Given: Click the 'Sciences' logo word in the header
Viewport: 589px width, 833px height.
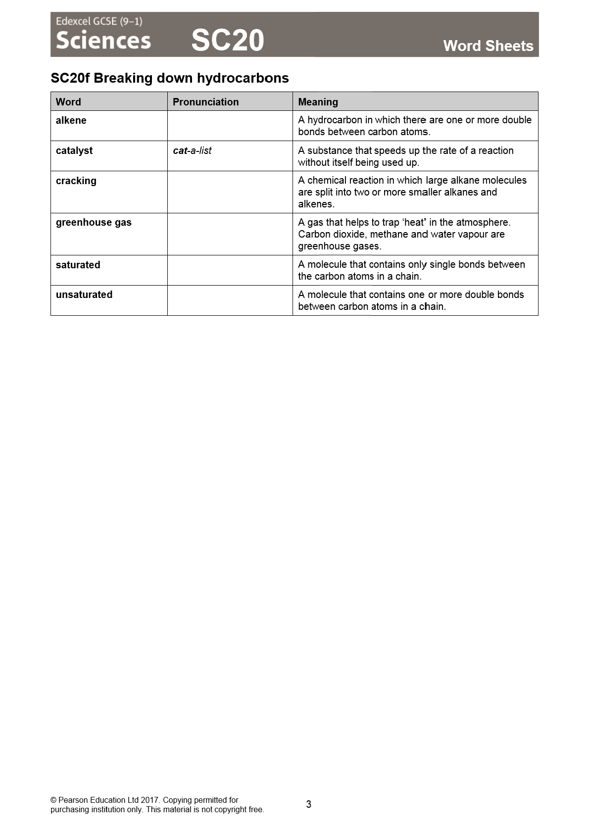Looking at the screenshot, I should click(x=103, y=41).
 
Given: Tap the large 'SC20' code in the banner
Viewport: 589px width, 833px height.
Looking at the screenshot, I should click(x=228, y=41).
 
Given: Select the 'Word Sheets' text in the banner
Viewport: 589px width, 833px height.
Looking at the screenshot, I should click(x=488, y=46).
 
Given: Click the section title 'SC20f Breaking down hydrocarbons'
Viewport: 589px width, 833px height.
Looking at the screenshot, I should click(x=170, y=78).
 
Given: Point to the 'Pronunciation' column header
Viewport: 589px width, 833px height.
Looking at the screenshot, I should click(x=205, y=102).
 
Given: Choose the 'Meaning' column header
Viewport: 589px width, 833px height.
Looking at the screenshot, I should click(x=318, y=102).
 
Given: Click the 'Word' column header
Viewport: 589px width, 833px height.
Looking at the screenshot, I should click(x=68, y=102).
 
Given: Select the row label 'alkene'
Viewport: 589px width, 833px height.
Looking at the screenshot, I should click(x=71, y=121).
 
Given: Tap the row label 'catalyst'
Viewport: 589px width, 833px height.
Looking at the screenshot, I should click(x=74, y=151).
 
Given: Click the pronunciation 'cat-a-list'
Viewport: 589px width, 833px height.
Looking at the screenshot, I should click(x=192, y=151).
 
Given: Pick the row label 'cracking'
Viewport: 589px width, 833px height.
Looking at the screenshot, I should click(x=76, y=181).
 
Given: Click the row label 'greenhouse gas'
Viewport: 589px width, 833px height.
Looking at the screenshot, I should click(x=94, y=223).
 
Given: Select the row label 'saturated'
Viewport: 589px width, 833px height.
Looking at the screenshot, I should click(x=78, y=265).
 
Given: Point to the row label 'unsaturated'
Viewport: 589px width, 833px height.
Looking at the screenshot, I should click(x=84, y=295).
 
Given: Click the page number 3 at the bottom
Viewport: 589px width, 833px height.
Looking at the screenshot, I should click(x=308, y=804).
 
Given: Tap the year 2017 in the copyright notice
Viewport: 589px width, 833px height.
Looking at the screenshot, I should click(x=150, y=800).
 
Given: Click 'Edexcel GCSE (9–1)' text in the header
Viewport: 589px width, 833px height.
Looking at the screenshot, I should click(x=99, y=21).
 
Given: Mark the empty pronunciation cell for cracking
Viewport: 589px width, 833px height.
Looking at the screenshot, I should click(x=230, y=192).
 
